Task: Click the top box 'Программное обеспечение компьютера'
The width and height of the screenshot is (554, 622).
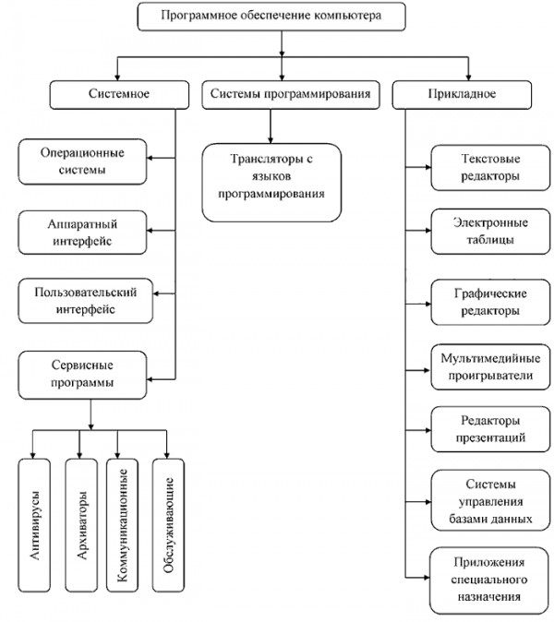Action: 271,17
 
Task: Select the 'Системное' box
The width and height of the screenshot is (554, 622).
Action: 119,95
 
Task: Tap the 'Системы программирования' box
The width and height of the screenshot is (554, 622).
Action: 291,95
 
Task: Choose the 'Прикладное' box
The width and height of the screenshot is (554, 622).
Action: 462,95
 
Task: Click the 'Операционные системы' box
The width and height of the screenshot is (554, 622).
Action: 82,161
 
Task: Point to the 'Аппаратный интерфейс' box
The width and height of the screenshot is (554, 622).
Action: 82,233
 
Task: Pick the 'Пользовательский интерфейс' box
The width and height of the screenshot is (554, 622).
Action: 86,301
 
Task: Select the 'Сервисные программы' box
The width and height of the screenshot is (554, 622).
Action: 82,375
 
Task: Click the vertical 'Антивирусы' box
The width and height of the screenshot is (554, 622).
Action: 34,525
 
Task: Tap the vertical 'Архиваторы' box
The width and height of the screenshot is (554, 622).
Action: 81,525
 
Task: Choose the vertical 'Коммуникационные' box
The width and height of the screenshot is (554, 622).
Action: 122,525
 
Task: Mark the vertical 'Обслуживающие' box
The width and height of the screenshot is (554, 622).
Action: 168,525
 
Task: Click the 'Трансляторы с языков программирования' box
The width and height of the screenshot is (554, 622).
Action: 271,183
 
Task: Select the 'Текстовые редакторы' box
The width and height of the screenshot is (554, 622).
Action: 490,167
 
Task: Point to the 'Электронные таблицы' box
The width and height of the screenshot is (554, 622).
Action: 490,232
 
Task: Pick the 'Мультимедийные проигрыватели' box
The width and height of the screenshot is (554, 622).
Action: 490,367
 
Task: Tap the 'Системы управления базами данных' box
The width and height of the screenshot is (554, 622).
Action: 490,500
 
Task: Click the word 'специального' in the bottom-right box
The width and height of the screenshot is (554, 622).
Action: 489,580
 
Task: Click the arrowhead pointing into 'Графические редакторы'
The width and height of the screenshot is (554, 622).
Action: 428,305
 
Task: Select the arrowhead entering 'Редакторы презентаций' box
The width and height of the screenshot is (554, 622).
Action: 428,430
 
